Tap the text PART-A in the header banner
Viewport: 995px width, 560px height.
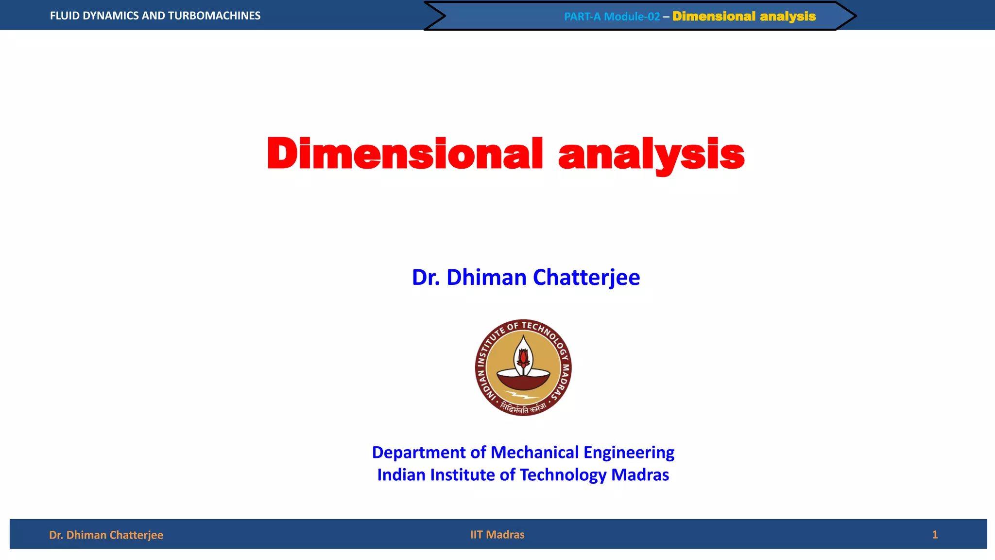tap(582, 17)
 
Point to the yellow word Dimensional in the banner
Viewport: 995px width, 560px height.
tap(714, 17)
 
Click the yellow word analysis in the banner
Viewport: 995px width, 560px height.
tap(788, 17)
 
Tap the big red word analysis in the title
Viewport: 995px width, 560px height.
tap(651, 155)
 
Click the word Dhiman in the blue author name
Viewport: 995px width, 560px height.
tap(486, 277)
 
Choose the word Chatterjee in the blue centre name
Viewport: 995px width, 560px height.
tap(586, 278)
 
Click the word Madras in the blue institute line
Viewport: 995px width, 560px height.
tap(640, 475)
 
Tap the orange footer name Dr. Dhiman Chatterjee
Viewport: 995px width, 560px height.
tap(106, 535)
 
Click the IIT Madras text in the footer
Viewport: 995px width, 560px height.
tap(497, 535)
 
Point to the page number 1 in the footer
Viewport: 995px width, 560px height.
tap(934, 535)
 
